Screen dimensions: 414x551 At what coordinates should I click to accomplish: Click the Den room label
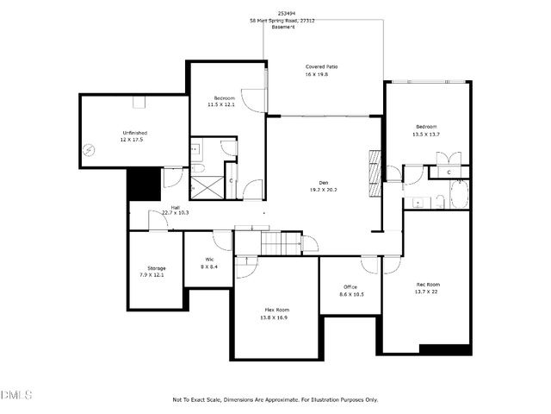click(324, 182)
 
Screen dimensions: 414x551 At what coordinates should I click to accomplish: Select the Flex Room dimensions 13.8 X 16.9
click(275, 317)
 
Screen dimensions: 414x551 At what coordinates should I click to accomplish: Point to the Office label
click(350, 287)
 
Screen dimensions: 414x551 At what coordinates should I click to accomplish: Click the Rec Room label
click(428, 285)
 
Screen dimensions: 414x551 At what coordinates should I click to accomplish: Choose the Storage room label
click(156, 268)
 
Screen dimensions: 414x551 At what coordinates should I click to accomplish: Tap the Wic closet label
click(209, 260)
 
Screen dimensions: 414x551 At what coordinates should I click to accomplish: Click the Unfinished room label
click(134, 133)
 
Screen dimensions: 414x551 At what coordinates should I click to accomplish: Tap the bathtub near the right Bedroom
click(459, 195)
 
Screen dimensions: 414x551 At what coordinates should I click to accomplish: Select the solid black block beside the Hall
click(144, 184)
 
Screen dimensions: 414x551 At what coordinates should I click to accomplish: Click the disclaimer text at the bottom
click(275, 399)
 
